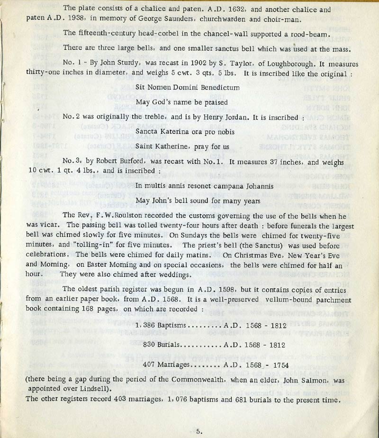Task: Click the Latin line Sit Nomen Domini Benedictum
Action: pyautogui.click(x=187, y=87)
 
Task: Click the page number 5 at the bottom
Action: pyautogui.click(x=199, y=431)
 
